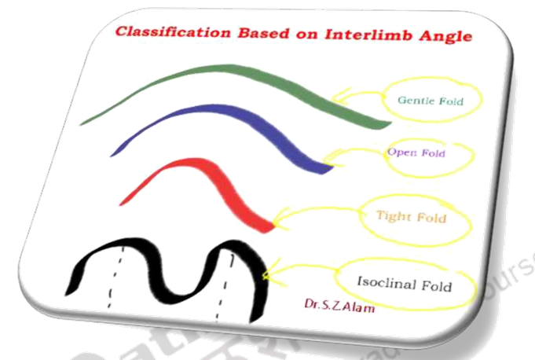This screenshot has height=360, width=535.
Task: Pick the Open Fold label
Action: click(x=416, y=152)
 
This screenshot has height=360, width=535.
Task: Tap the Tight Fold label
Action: click(x=411, y=216)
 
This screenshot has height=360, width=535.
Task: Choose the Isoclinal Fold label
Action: click(x=404, y=284)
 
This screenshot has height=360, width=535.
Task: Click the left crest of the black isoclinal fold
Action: click(x=122, y=246)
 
